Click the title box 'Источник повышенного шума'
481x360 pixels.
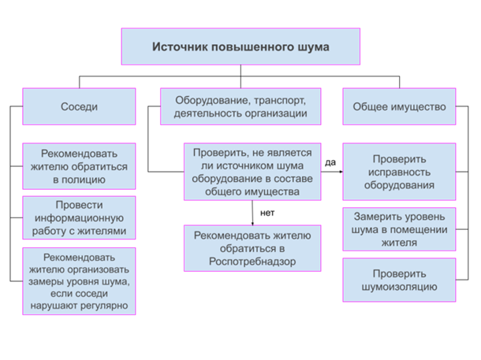click(x=240, y=46)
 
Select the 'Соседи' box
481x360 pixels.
click(x=79, y=106)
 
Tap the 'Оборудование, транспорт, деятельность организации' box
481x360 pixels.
click(x=240, y=106)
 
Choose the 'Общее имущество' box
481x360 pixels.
click(x=399, y=106)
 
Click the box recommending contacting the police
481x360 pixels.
click(x=79, y=166)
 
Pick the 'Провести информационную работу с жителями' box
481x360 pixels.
click(x=79, y=218)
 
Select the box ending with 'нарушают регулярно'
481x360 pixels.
click(x=79, y=281)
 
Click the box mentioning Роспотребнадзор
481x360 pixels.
click(x=252, y=248)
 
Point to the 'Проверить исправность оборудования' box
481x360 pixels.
click(x=399, y=172)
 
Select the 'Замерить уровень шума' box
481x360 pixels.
click(x=399, y=229)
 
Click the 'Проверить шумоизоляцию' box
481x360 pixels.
click(x=399, y=280)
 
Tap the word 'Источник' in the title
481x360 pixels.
click(x=177, y=46)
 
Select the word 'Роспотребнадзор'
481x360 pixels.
click(x=252, y=261)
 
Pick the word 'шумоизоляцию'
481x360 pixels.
click(x=399, y=287)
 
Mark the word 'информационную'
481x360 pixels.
click(x=79, y=218)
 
